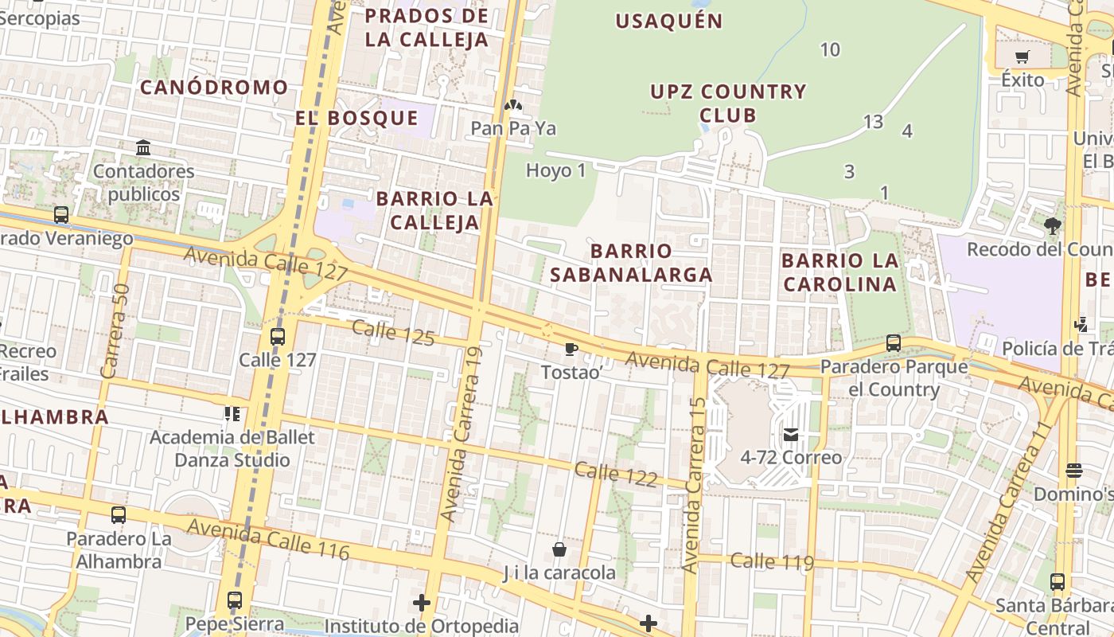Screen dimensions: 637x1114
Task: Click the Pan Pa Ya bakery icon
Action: (513, 105)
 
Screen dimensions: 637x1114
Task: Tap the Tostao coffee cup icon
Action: (571, 349)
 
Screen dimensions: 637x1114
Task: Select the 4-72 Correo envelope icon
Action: (791, 435)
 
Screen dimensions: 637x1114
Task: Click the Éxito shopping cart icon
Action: (1022, 57)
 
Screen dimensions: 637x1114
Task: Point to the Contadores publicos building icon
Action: (143, 148)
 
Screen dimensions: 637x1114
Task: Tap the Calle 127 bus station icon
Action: (278, 336)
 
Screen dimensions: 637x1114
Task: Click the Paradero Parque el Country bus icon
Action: (894, 343)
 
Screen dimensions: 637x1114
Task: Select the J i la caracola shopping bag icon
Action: (559, 549)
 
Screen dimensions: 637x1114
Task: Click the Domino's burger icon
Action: (1074, 471)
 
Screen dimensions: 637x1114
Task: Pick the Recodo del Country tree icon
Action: (1053, 226)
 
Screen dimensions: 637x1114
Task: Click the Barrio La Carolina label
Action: (839, 272)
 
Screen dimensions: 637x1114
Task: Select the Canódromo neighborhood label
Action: (214, 88)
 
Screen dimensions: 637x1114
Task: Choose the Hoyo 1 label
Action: (555, 170)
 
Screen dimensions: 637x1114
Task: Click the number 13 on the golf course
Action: (873, 122)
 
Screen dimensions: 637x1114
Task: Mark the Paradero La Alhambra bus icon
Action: (119, 515)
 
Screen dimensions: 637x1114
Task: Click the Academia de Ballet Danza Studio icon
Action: (232, 414)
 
